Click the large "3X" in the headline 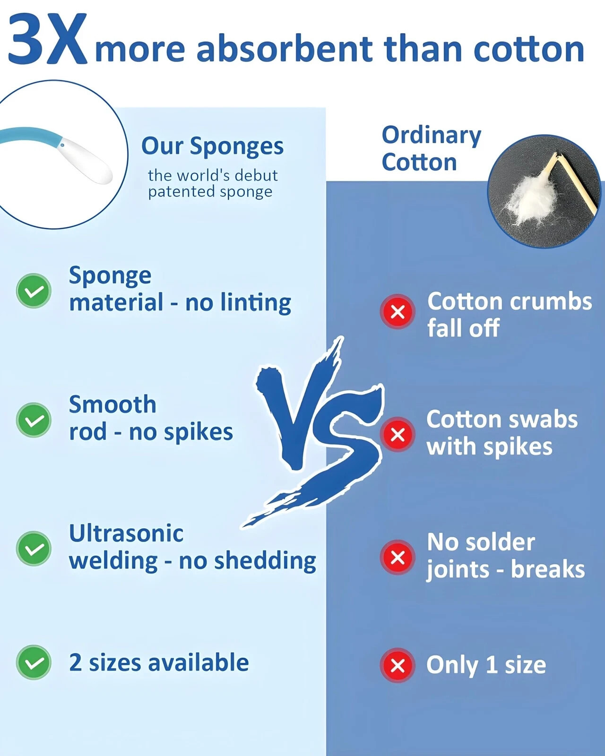[47, 39]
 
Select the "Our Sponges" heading [212, 146]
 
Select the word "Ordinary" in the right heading [432, 136]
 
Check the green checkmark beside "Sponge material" [34, 291]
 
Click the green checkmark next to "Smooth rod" [34, 420]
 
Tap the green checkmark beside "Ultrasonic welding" [34, 549]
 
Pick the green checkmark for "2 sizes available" [34, 662]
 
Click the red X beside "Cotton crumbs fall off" [398, 311]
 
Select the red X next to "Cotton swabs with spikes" [398, 435]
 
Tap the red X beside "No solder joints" [398, 558]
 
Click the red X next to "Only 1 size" [398, 666]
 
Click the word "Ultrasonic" [126, 533]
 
